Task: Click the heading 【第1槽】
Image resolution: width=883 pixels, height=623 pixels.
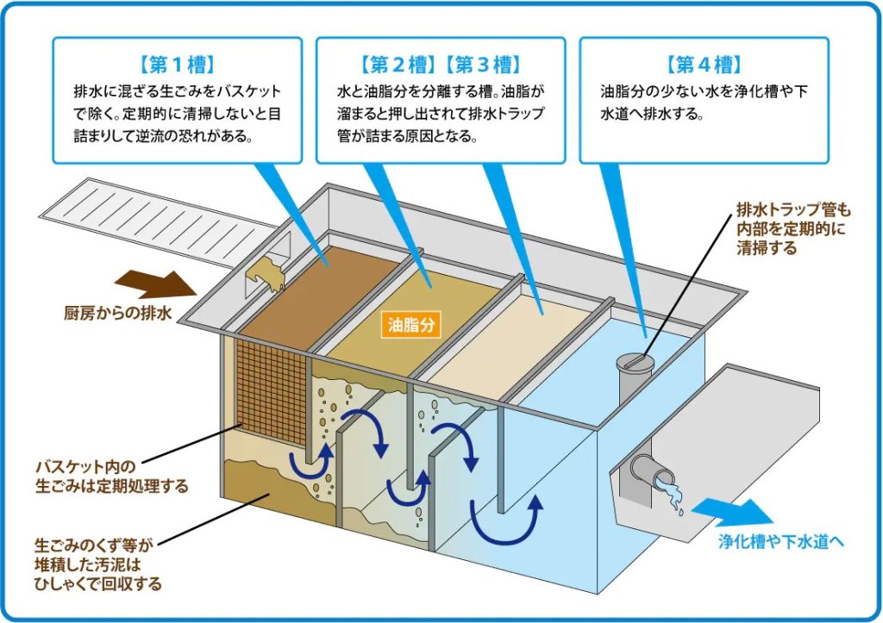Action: (x=176, y=65)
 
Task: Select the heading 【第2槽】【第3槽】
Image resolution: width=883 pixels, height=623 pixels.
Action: (x=440, y=65)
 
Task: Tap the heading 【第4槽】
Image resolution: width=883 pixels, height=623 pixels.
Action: (x=704, y=65)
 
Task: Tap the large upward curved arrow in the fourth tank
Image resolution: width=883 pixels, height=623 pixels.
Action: (x=508, y=521)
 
